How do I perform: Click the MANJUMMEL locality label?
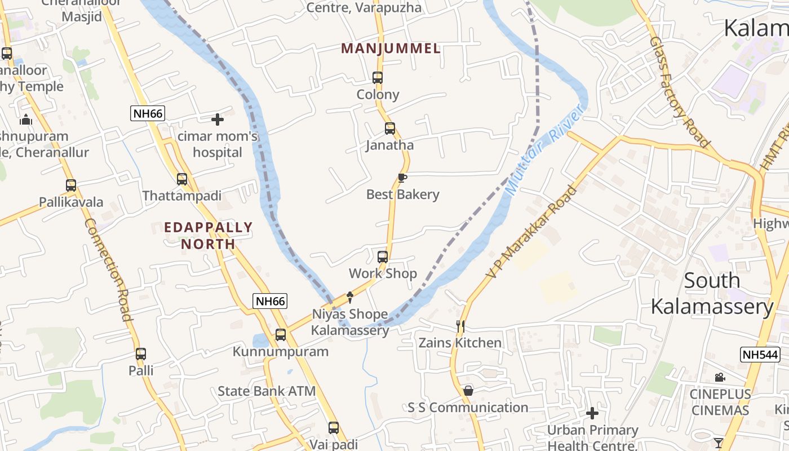coord(391,48)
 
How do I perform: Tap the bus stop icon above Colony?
coord(378,78)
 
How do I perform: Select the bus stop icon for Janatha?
coord(390,129)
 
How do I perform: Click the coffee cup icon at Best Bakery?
coord(402,178)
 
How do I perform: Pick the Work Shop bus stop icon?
coord(383,257)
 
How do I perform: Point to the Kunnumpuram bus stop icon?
coord(281,335)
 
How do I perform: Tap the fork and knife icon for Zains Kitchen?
coord(460,326)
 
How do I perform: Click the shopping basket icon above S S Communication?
coord(468,391)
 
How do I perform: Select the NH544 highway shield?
coord(760,355)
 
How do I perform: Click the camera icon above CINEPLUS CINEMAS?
coord(720,378)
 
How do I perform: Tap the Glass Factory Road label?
coord(679,92)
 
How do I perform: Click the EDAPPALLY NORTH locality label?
coord(209,236)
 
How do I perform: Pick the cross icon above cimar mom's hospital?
coord(218,120)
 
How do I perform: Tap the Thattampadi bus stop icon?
coord(182,179)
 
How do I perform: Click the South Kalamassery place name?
coord(712,294)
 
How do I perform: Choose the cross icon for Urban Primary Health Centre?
coord(592,413)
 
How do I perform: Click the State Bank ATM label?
coord(267,391)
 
